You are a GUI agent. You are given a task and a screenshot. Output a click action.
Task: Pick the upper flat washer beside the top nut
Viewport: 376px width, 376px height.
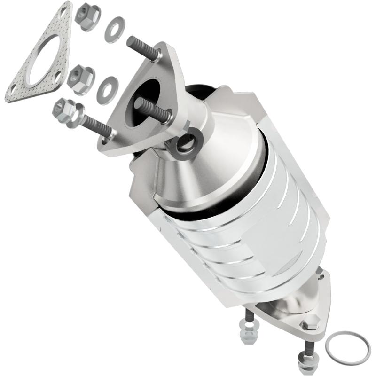coord(114,29)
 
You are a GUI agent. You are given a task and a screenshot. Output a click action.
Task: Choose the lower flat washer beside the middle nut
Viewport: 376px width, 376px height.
coord(107,90)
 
